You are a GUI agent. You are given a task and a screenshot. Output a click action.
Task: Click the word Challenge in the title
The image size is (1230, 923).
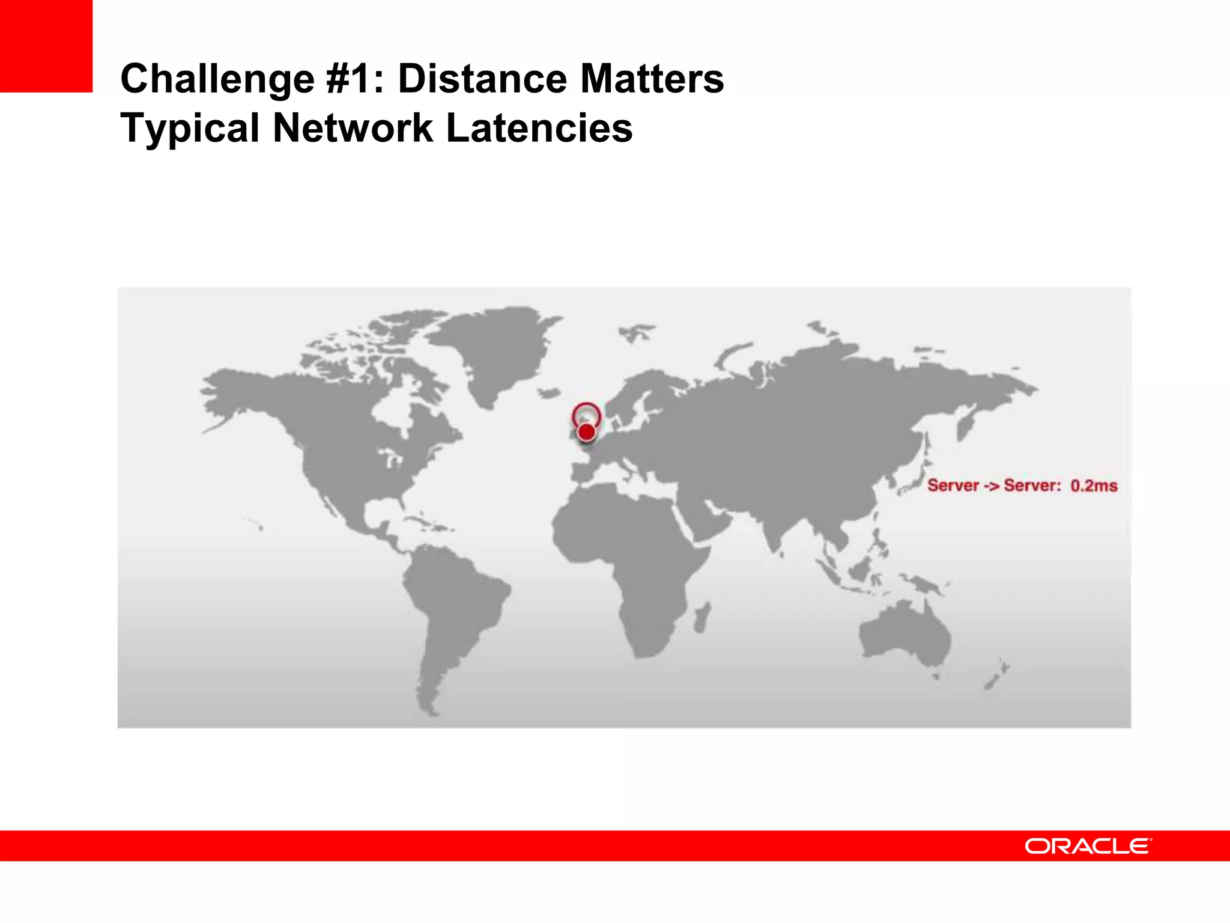[x=217, y=79]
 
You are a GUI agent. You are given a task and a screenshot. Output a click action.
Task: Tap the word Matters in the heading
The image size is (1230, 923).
[x=652, y=79]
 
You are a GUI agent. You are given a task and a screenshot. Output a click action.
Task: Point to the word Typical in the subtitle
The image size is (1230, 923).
[x=190, y=129]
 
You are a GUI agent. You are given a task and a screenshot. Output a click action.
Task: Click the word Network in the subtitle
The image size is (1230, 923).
[x=353, y=128]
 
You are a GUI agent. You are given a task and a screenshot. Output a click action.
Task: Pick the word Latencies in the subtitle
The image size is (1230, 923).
[x=539, y=128]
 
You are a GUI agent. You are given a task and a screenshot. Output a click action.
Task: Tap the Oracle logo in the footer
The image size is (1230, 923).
[x=1088, y=846]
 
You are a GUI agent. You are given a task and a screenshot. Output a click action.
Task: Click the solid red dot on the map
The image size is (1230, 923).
[x=586, y=431]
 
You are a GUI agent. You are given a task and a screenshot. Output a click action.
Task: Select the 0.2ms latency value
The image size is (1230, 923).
[x=1094, y=486]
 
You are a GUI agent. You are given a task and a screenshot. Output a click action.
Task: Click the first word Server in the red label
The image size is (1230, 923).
[x=953, y=486]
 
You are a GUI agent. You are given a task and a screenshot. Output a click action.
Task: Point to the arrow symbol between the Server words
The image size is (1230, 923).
[x=992, y=486]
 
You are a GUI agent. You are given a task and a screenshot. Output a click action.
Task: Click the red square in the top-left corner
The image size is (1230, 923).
[x=46, y=46]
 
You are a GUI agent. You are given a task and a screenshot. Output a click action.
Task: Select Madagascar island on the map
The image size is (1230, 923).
[x=701, y=618]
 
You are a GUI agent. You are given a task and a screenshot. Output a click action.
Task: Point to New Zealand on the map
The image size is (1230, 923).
[x=997, y=675]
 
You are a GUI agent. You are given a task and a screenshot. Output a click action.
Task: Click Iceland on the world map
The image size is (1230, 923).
[x=549, y=392]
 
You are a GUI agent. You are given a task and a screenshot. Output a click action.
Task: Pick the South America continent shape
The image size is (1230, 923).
[x=450, y=607]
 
